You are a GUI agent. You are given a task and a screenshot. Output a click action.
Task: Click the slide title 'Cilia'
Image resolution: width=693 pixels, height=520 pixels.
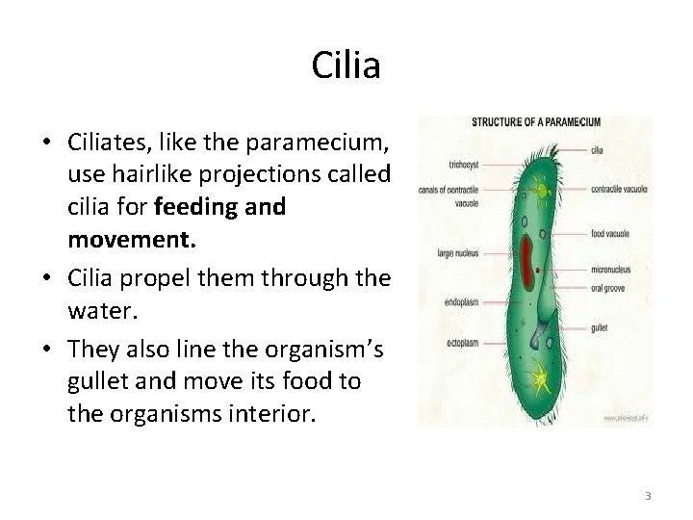[x=346, y=65]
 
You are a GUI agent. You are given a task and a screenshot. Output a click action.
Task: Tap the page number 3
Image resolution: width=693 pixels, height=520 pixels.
[x=648, y=496]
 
